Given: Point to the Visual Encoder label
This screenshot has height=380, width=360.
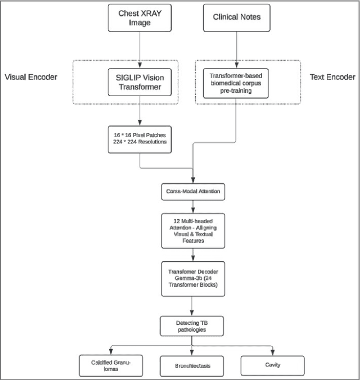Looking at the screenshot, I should click(31, 76).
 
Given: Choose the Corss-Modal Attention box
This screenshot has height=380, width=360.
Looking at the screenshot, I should click(192, 191).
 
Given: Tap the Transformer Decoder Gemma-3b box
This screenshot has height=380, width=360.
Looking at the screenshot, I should click(192, 278).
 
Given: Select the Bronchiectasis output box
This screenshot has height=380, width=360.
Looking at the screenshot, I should click(192, 366).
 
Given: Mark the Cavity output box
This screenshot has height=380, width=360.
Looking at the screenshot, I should click(273, 365).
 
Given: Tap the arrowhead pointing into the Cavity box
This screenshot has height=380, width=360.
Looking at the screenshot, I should click(273, 353).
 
